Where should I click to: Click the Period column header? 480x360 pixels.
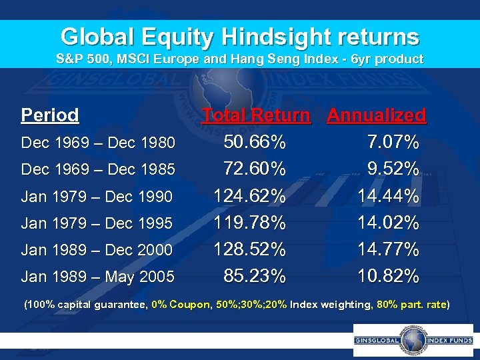click(x=50, y=115)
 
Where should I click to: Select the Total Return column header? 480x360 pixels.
click(x=256, y=115)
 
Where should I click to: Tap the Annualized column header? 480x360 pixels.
click(x=376, y=115)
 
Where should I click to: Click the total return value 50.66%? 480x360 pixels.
click(x=255, y=142)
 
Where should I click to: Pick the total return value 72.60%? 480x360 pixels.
click(x=255, y=169)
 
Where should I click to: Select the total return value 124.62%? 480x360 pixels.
click(x=250, y=196)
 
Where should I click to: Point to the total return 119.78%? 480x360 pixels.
click(x=250, y=222)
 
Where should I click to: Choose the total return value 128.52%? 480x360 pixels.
click(x=250, y=249)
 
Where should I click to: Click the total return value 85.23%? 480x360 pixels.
click(x=255, y=275)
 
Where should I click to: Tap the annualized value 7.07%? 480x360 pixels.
click(x=393, y=142)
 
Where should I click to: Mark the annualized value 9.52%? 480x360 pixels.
click(x=393, y=169)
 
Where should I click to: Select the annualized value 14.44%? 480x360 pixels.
click(x=389, y=196)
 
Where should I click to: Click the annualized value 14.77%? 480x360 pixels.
click(x=389, y=249)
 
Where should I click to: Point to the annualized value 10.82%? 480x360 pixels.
click(x=389, y=275)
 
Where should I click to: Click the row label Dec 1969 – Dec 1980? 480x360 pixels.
click(x=98, y=143)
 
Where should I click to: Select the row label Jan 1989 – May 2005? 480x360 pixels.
click(x=98, y=276)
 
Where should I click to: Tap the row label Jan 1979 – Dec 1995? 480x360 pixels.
click(x=97, y=223)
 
